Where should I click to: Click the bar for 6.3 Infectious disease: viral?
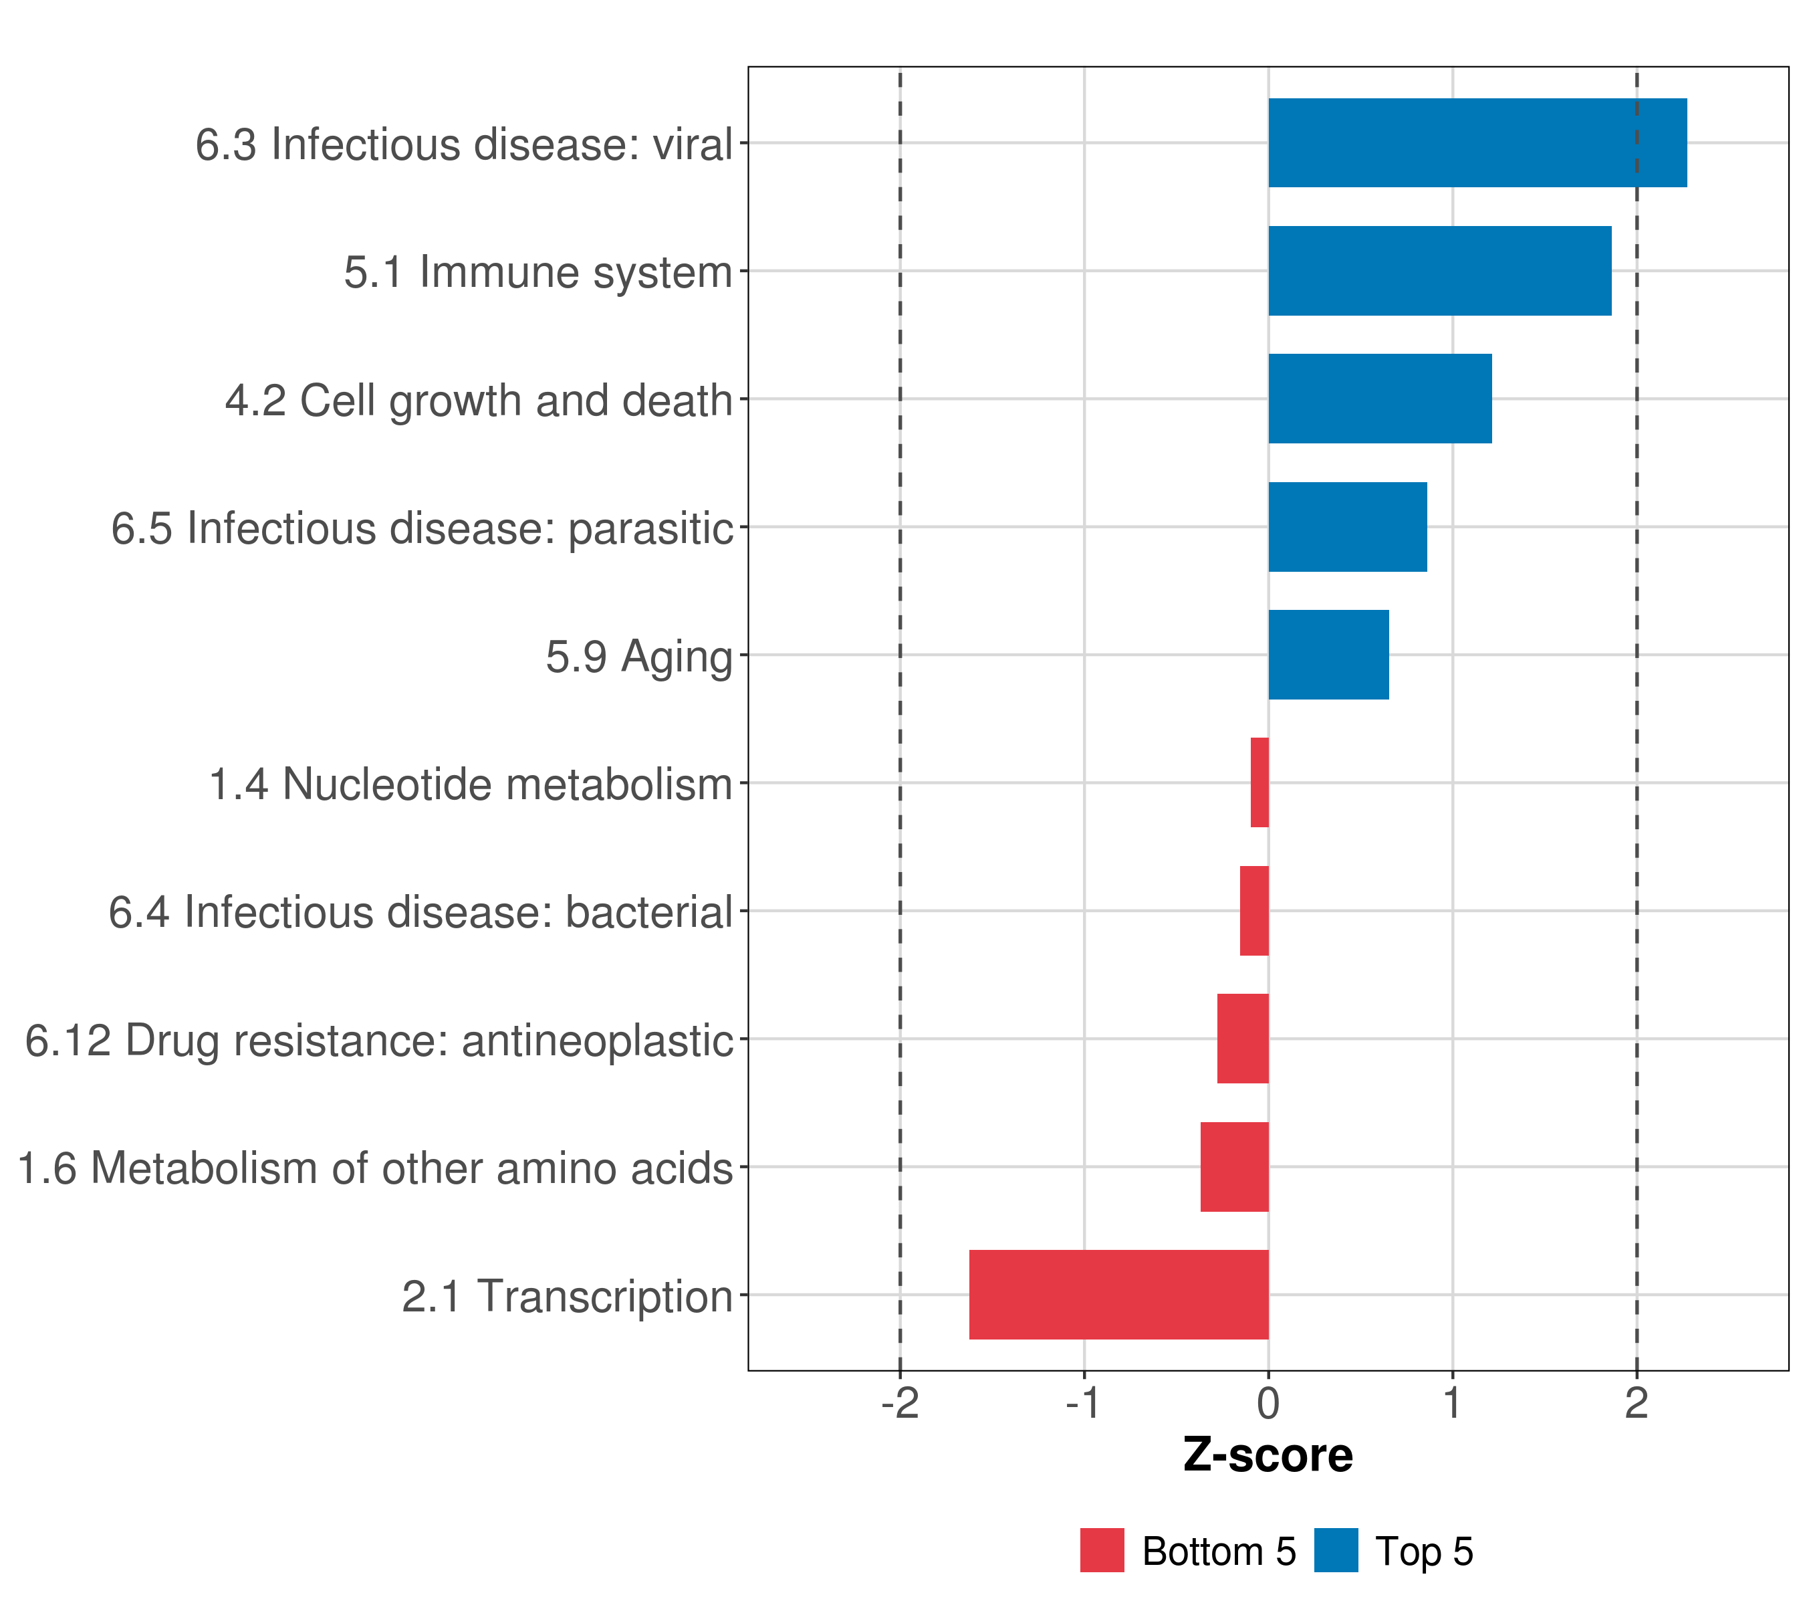1477,142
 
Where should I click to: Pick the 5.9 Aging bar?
1328,655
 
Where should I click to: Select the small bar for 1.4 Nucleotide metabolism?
1259,782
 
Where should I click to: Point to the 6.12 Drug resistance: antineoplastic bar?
1243,1038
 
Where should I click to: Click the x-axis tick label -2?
900,1404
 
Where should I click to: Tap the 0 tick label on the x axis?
1268,1404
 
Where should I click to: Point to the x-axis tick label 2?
1637,1404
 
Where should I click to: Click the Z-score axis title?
1268,1457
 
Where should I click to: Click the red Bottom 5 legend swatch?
1102,1550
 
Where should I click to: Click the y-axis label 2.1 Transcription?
567,1297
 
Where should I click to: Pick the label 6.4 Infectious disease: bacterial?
420,912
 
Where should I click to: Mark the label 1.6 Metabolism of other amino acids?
375,1168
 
